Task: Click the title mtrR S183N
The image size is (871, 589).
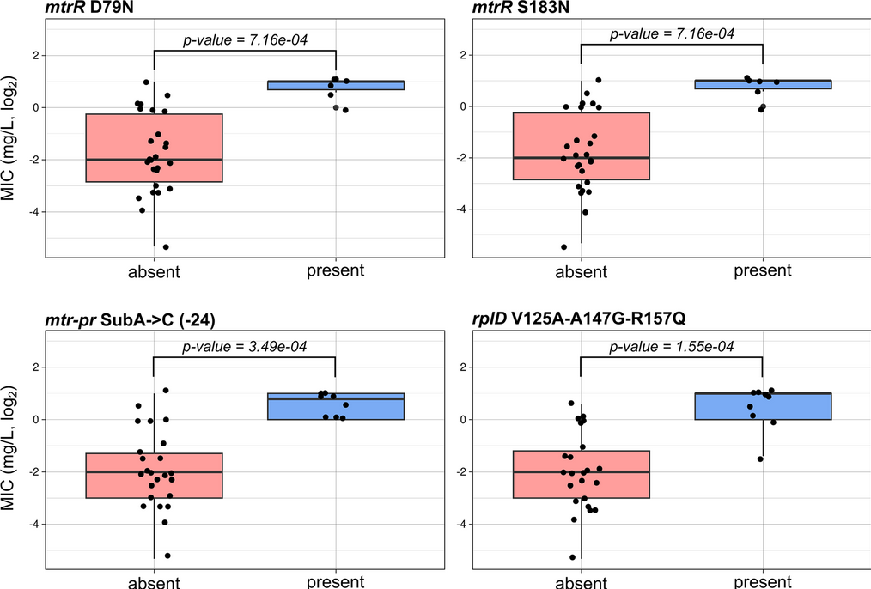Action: coord(521,8)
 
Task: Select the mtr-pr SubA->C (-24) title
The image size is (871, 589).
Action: coord(130,319)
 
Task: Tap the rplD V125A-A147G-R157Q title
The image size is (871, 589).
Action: coord(579,319)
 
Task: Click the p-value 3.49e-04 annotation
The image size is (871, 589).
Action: coord(245,346)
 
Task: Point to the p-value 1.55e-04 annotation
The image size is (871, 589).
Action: coord(672,346)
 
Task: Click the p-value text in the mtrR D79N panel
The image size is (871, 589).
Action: coord(245,40)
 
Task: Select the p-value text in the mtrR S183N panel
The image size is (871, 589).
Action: coord(672,33)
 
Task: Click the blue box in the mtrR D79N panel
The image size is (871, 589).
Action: coord(336,85)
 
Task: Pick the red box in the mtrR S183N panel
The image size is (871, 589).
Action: coord(581,146)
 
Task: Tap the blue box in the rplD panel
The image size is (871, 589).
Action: coord(763,406)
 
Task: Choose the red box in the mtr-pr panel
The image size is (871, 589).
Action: coord(154,475)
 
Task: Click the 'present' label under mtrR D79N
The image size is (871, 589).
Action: coord(336,270)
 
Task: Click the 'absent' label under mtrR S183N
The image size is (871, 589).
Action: coord(581,271)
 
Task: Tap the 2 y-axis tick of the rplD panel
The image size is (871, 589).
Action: coord(464,367)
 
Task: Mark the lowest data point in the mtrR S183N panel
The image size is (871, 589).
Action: coord(563,247)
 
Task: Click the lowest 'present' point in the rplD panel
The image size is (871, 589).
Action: coord(760,459)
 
